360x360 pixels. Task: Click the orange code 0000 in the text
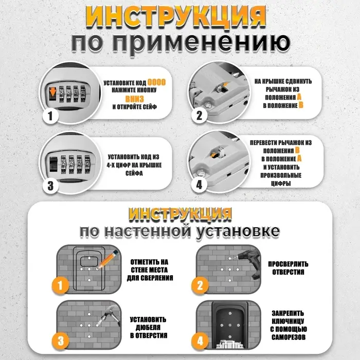pos(156,82)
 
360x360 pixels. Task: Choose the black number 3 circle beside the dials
pos(50,185)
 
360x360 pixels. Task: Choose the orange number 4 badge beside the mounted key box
pos(200,340)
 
